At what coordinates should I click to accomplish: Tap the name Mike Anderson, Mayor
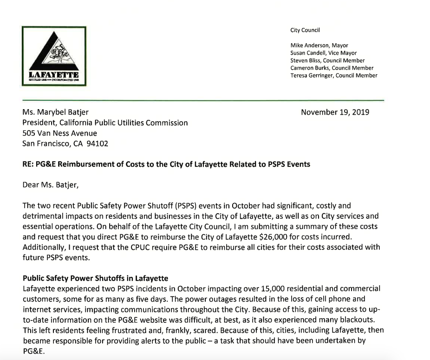(x=319, y=46)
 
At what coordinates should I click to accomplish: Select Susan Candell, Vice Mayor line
(x=323, y=53)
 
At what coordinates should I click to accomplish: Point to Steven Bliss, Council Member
(x=327, y=60)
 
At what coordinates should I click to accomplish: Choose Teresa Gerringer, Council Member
(x=333, y=75)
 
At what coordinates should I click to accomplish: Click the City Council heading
(x=305, y=31)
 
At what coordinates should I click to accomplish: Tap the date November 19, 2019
(x=335, y=112)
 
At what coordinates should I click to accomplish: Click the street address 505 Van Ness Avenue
(x=60, y=133)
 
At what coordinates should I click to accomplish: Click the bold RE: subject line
(x=166, y=164)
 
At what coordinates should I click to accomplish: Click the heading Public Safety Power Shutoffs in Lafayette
(x=95, y=279)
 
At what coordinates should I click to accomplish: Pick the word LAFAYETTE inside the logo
(x=54, y=75)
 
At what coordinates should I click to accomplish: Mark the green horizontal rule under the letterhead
(x=203, y=100)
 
